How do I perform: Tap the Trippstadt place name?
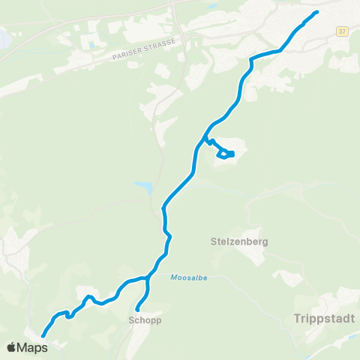point(314,319)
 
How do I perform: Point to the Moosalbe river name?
point(187,277)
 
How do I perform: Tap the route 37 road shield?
point(343,31)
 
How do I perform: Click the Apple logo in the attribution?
point(11,347)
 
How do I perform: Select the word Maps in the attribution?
point(32,347)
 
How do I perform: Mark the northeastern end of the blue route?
point(317,12)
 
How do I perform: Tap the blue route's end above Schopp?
point(137,309)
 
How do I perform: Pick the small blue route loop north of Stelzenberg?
point(226,154)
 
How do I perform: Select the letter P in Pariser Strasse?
point(113,58)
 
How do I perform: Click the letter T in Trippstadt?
point(289,319)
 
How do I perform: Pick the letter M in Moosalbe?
point(172,277)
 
